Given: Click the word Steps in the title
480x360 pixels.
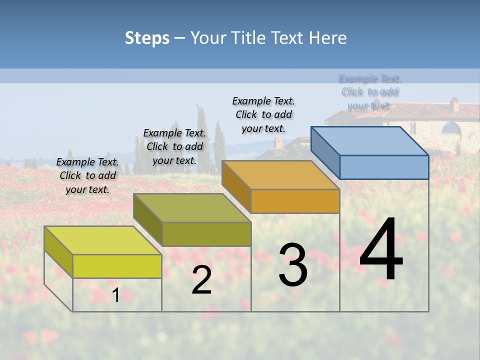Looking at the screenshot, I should (147, 38).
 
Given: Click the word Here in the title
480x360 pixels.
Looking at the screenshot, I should (327, 38).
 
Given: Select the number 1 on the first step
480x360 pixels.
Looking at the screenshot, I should (116, 295).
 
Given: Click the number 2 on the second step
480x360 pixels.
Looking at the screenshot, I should (201, 280).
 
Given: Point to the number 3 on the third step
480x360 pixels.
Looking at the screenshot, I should (292, 265).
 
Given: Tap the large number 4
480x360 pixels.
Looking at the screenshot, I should (381, 250).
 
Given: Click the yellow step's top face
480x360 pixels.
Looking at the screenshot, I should (102, 240).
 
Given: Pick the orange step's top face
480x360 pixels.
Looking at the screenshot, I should (280, 175).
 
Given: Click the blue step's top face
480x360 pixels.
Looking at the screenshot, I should (369, 141).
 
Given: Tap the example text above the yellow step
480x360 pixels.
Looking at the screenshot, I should (87, 175).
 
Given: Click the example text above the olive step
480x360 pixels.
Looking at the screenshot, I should (174, 146).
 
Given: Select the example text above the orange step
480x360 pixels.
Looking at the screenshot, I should (263, 114).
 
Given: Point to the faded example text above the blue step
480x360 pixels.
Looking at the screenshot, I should (369, 92).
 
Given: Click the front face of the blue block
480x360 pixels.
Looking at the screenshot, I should (384, 167).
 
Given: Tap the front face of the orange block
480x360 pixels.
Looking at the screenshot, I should (295, 201).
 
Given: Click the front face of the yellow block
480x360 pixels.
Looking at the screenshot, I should (117, 266).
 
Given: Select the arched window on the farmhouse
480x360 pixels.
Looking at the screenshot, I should (451, 128).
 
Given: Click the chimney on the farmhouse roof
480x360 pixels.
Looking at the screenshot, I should (454, 104).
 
